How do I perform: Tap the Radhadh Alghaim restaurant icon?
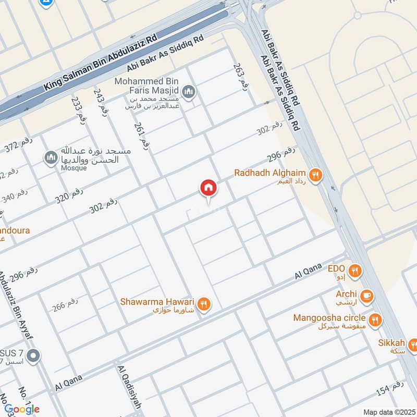(315, 176)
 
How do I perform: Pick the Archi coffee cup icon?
(367, 295)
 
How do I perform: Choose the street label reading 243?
(101, 102)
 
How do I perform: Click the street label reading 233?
(78, 110)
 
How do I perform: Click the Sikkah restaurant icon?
(412, 344)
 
